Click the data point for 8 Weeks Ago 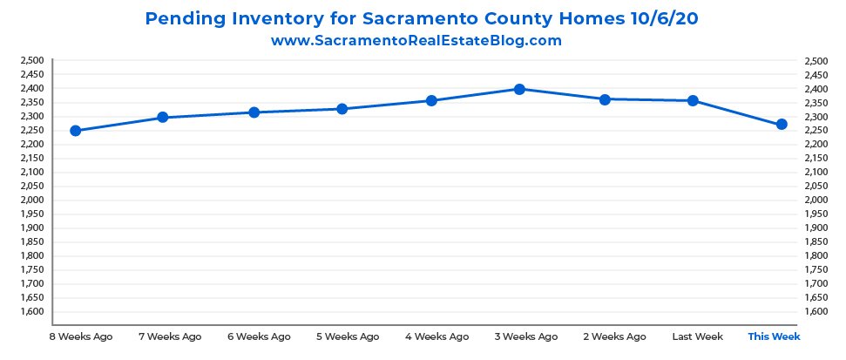coord(75,131)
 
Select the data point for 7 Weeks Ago coord(163,118)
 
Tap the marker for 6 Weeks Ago coord(254,112)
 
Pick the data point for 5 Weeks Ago coord(342,109)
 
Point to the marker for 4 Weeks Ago coord(430,101)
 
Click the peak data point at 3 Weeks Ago coord(519,89)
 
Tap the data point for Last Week coord(694,101)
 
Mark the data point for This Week coord(782,125)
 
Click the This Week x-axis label coord(774,336)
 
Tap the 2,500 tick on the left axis coord(31,61)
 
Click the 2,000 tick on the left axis coord(31,200)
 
